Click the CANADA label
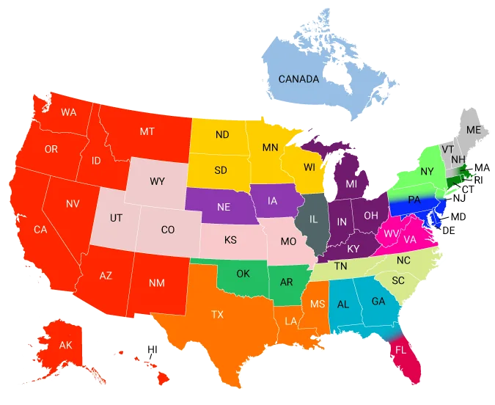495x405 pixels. (x=298, y=79)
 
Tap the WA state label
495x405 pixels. (x=69, y=112)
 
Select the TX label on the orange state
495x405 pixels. (x=218, y=314)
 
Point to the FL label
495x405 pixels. (x=400, y=350)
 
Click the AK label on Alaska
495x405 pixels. (x=66, y=346)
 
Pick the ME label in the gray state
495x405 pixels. (x=474, y=130)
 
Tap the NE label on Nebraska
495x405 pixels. (x=224, y=207)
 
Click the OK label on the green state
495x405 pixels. (x=243, y=274)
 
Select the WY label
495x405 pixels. (x=157, y=180)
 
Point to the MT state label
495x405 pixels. (x=147, y=131)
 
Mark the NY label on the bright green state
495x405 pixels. (x=428, y=172)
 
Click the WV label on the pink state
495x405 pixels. (x=390, y=233)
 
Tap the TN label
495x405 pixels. (x=340, y=266)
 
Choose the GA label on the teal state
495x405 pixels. (x=378, y=302)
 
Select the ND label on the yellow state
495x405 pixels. (x=221, y=134)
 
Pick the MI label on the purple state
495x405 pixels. (x=352, y=183)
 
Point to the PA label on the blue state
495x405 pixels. (x=414, y=200)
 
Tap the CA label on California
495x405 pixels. (x=41, y=229)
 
